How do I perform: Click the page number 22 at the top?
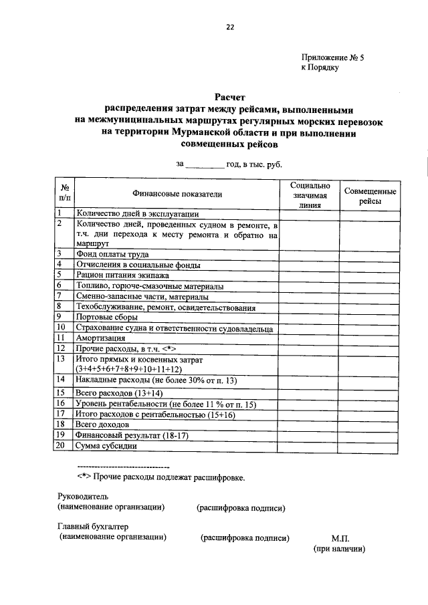(230, 27)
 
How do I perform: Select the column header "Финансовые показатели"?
(177, 194)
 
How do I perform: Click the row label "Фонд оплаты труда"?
(112, 255)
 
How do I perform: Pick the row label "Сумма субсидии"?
(106, 446)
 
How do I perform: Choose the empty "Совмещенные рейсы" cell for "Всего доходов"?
(370, 425)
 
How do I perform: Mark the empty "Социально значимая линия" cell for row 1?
(308, 214)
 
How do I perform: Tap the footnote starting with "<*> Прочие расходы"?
(160, 477)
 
